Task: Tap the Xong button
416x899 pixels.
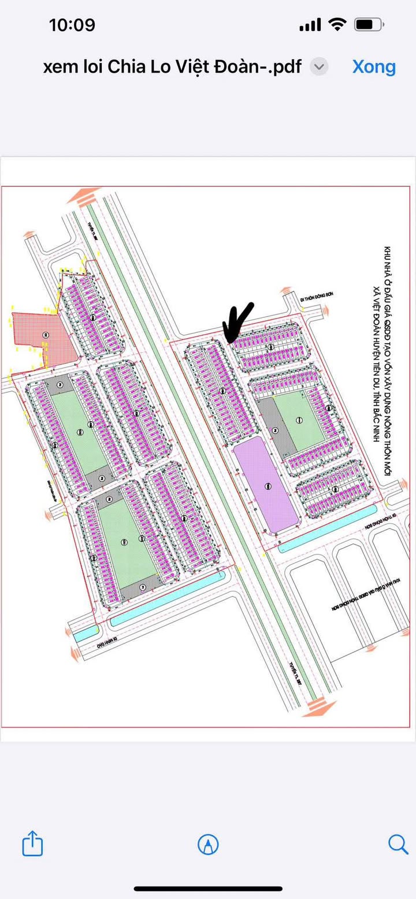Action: pos(374,67)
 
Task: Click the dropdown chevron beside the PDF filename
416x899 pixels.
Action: pos(319,67)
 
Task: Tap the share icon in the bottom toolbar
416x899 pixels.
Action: pos(32,845)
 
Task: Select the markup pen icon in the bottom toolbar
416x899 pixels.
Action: pos(208,845)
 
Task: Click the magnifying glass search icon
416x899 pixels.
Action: pos(398,845)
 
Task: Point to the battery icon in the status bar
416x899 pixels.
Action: pos(368,25)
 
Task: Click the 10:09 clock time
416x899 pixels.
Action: pos(72,25)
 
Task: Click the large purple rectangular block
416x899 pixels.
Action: pos(267,486)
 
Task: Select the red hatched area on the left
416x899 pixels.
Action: pos(43,338)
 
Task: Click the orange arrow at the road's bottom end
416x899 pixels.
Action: pos(319,707)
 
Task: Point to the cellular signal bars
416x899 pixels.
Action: pos(310,25)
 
